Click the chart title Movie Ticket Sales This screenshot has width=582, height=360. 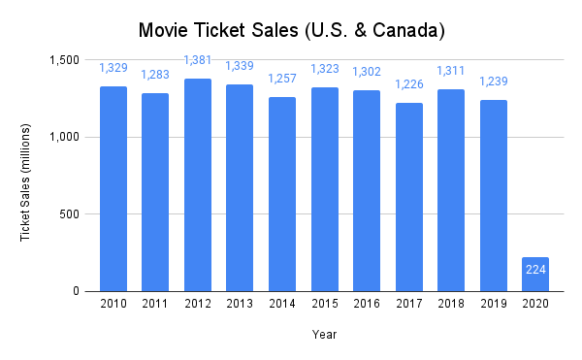(291, 30)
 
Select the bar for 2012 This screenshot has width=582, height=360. (197, 184)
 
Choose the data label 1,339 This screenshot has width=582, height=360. (240, 65)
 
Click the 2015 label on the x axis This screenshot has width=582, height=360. (324, 305)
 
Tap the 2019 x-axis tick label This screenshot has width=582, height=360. (494, 305)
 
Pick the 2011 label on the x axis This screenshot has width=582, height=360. (155, 305)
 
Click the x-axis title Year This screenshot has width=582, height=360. (324, 335)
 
